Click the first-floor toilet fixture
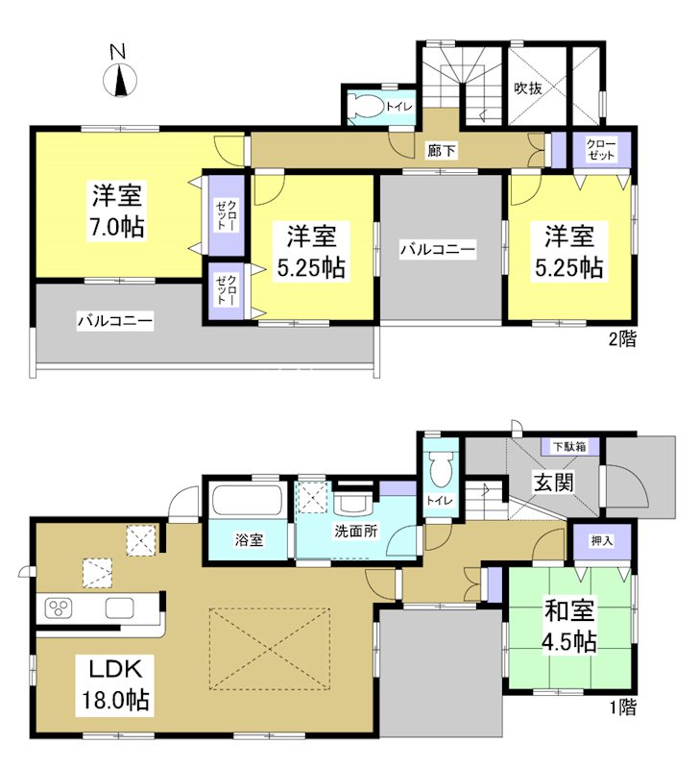pyautogui.click(x=441, y=472)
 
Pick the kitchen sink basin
pyautogui.click(x=120, y=608)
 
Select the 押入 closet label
pyautogui.click(x=588, y=540)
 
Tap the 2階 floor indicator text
pyautogui.click(x=621, y=338)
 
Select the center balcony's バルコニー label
pyautogui.click(x=438, y=250)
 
